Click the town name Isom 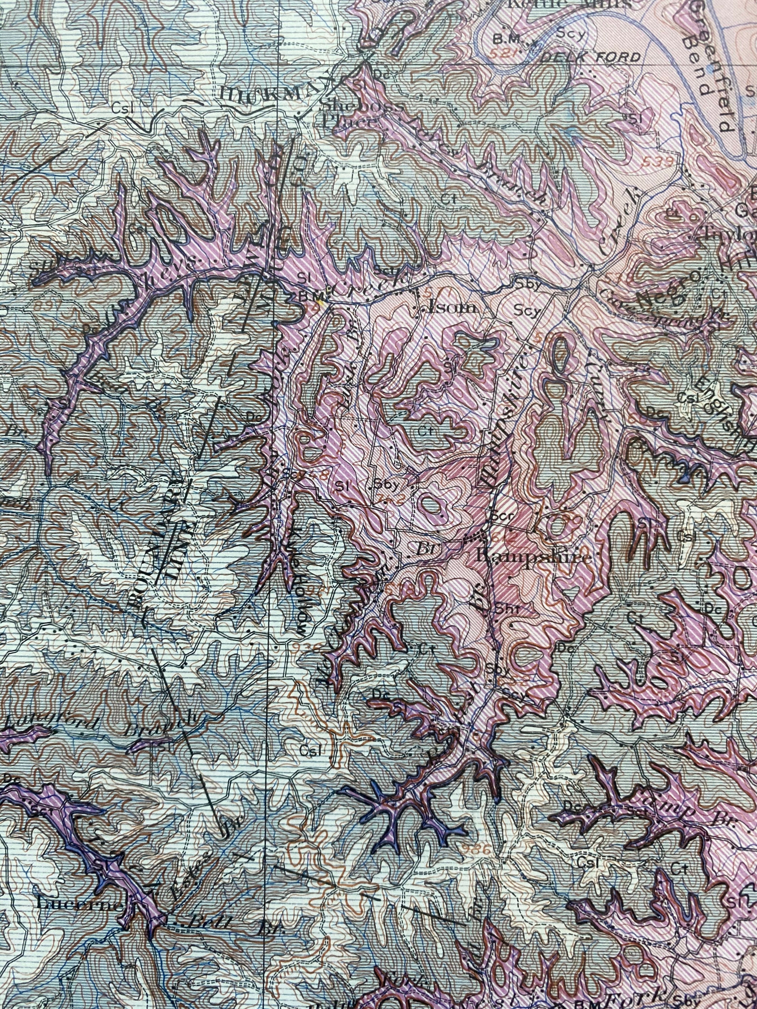449,308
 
